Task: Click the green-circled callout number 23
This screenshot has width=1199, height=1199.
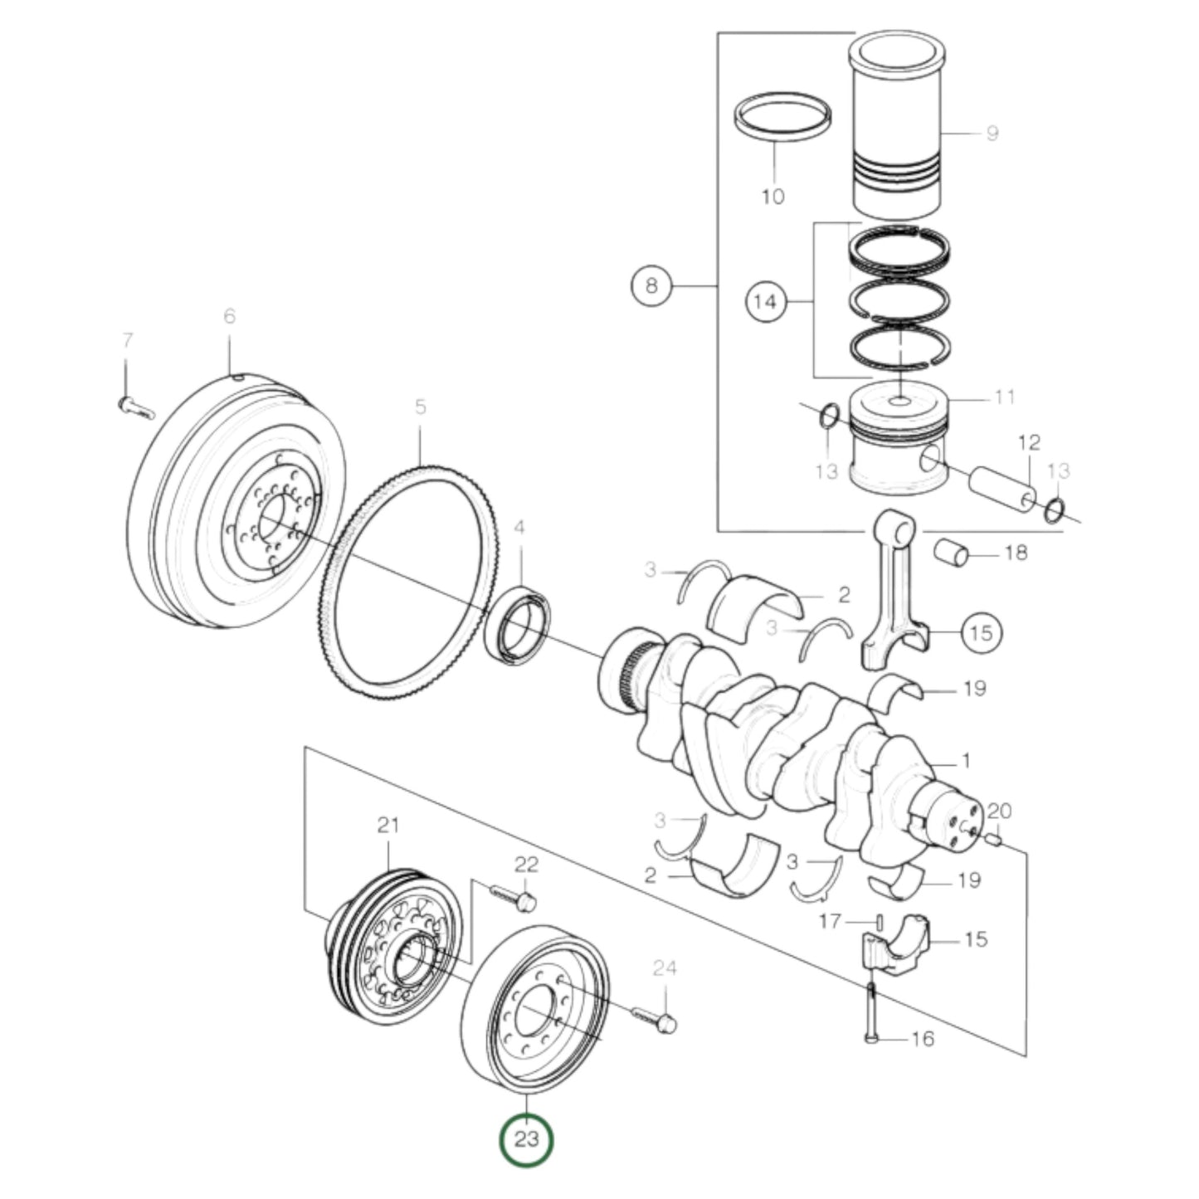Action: coord(526,1139)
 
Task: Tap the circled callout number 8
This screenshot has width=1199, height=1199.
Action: coord(651,286)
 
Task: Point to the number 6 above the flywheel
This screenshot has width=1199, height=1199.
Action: coord(229,316)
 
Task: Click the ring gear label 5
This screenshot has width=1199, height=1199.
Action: coord(420,407)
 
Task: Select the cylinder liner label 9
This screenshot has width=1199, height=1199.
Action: coord(992,133)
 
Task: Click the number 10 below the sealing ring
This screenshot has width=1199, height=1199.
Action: coord(772,197)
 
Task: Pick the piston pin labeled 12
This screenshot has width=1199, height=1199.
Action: coord(1002,489)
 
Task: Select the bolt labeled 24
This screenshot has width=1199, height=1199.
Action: coord(656,1019)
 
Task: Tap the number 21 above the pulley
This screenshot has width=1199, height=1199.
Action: coord(388,826)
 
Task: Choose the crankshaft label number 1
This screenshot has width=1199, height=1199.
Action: coord(964,760)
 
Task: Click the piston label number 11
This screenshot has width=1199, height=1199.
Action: coord(1004,397)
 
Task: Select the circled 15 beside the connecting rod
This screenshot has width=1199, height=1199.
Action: coord(981,633)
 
